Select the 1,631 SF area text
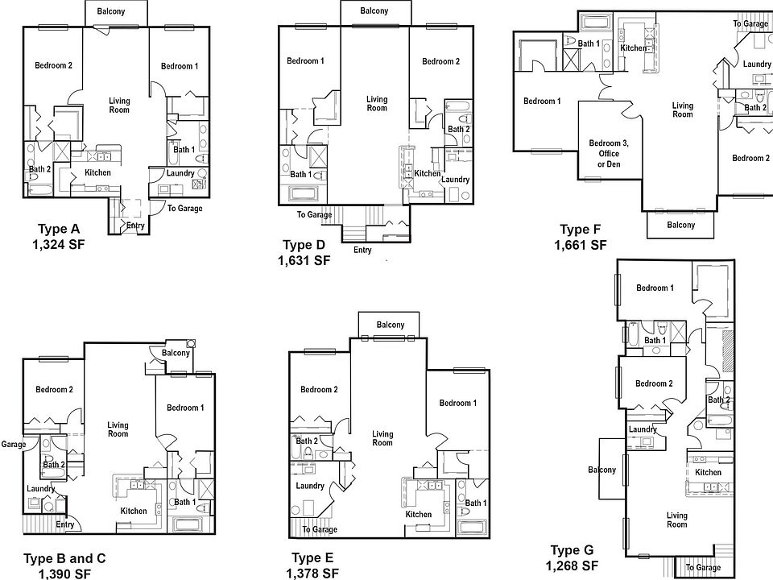tap(304, 260)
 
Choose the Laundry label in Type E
tap(309, 486)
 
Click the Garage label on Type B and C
tap(14, 444)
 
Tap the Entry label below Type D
tap(362, 250)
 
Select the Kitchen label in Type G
tap(708, 472)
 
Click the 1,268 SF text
tap(572, 565)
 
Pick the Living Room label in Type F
tap(682, 110)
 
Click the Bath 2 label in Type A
tap(39, 169)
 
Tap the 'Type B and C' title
tap(64, 558)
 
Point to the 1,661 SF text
tap(581, 245)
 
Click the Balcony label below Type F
tap(680, 225)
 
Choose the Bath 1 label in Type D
tap(300, 174)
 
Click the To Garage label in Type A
tap(184, 209)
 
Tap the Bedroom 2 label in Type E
tap(318, 390)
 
